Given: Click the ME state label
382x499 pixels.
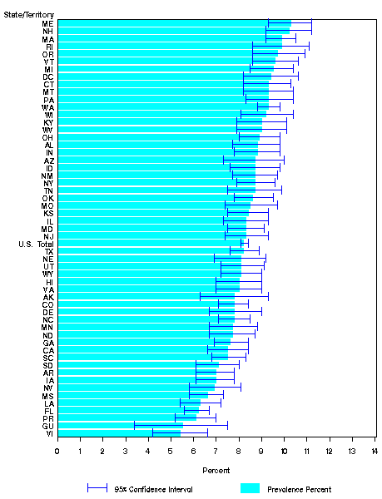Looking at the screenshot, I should [x=48, y=23].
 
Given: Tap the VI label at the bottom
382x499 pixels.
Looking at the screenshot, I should [x=49, y=433].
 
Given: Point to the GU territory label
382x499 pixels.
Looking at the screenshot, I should [x=48, y=425].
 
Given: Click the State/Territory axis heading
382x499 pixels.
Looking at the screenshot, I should [x=29, y=14].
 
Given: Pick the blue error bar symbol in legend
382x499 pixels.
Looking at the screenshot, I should [x=97, y=488].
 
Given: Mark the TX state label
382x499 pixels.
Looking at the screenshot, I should [x=48, y=251].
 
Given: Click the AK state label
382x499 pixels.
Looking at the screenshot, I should [x=48, y=297].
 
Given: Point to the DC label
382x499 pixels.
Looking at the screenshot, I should [x=48, y=77].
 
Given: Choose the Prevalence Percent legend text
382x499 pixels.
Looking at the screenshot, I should [x=305, y=489].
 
